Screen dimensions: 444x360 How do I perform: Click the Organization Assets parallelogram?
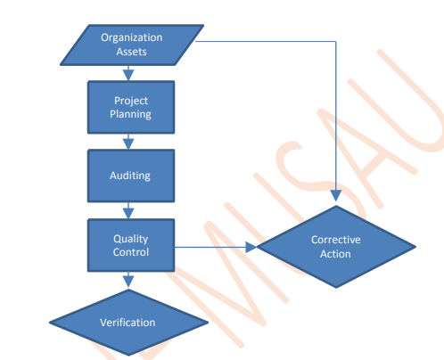click(x=132, y=45)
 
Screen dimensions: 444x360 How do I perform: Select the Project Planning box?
click(x=131, y=107)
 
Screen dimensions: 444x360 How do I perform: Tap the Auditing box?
click(x=131, y=176)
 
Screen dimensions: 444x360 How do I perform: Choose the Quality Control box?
click(x=131, y=245)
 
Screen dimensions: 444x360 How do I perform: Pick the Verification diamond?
click(x=128, y=323)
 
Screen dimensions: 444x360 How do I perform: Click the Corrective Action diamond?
click(x=336, y=247)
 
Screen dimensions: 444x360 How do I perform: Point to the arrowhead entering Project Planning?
click(x=128, y=76)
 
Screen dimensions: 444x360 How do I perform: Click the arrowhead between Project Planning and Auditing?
click(x=128, y=144)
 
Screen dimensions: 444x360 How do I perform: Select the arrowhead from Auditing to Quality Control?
click(x=128, y=214)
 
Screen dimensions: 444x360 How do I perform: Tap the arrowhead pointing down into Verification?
click(x=128, y=282)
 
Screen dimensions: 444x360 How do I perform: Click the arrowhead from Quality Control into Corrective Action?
click(x=251, y=247)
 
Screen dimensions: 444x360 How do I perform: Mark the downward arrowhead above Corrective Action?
click(x=336, y=196)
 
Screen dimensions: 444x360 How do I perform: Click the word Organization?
click(x=132, y=37)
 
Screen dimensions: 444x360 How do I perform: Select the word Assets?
click(x=131, y=52)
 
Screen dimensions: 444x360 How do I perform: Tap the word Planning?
click(x=130, y=114)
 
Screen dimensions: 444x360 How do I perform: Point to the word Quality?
click(x=131, y=239)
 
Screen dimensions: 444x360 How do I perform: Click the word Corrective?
click(x=336, y=240)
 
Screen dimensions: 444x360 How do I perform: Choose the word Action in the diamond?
click(x=335, y=254)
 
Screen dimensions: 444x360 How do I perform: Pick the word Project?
click(x=131, y=101)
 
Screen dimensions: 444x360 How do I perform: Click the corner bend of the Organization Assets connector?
click(x=336, y=41)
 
